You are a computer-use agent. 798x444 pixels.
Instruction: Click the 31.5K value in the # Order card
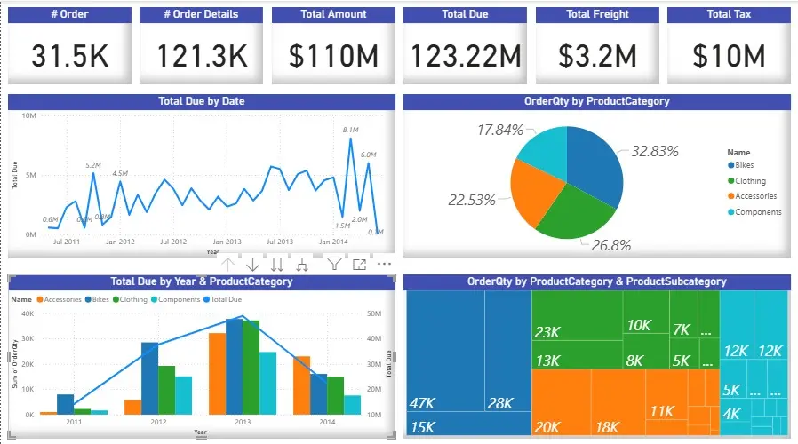[x=70, y=56]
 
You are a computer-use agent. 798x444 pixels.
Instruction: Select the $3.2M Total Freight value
[x=597, y=56]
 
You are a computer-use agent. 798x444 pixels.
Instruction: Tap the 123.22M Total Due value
[x=465, y=56]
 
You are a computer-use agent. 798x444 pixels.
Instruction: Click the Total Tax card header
[x=729, y=14]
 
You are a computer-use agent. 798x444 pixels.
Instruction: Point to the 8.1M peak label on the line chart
[x=350, y=131]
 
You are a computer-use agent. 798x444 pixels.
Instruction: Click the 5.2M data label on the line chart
[x=94, y=165]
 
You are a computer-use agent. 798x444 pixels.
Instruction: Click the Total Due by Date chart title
[x=201, y=101]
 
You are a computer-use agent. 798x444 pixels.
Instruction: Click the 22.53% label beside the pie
[x=471, y=201]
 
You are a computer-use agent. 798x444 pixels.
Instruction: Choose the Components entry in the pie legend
[x=757, y=212]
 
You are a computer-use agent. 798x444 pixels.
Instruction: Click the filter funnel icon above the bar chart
[x=334, y=264]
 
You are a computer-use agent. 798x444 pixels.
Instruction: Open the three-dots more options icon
[x=384, y=264]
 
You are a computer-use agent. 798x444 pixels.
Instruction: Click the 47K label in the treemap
[x=422, y=403]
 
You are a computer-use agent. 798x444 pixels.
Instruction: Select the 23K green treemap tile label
[x=547, y=333]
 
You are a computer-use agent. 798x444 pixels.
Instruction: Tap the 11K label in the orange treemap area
[x=661, y=411]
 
